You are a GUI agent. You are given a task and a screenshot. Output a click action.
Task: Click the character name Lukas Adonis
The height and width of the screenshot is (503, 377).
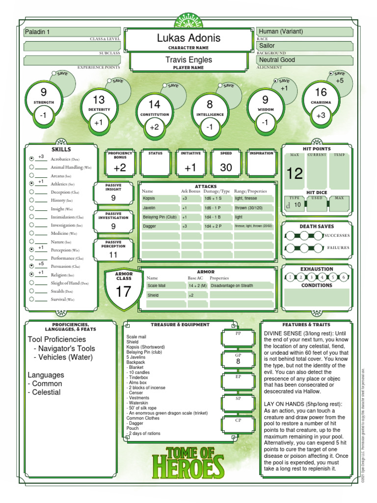[188, 38]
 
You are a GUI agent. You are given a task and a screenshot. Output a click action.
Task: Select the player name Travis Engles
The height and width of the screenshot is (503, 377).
[188, 59]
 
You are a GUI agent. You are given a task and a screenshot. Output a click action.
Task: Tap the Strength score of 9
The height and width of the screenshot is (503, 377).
[44, 92]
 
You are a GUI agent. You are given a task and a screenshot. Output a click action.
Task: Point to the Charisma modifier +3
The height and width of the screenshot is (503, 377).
[321, 116]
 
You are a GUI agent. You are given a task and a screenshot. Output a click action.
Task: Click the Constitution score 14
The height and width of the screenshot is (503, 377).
[154, 105]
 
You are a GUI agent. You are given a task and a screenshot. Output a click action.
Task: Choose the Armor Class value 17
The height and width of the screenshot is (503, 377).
[123, 291]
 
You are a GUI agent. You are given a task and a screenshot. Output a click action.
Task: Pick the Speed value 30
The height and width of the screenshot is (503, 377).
[226, 168]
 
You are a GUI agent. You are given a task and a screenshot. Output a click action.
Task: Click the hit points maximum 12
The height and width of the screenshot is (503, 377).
[295, 173]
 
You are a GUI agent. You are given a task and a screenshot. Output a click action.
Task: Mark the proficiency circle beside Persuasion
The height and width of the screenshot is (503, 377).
[31, 265]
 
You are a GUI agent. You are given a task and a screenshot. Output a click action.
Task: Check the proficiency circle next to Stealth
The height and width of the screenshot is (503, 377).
[31, 290]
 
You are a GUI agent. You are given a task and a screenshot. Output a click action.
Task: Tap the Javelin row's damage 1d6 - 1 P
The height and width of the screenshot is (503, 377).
[213, 208]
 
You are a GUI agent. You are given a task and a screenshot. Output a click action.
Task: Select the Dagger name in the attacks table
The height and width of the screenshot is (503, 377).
[149, 226]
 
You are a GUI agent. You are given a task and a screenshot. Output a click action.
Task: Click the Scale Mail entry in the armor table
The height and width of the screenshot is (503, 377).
[157, 285]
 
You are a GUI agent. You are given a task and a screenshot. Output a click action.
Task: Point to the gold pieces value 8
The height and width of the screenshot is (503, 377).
[238, 362]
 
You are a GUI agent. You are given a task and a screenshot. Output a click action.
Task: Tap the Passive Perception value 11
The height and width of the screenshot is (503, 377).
[113, 255]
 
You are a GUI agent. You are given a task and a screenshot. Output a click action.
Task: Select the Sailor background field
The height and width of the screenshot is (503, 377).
[304, 46]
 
